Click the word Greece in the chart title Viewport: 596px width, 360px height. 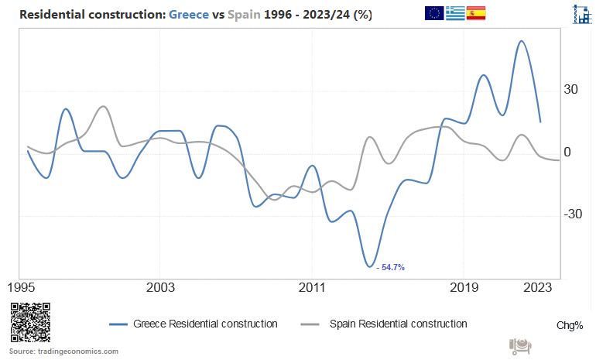(x=188, y=15)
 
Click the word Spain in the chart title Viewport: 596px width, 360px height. (x=244, y=15)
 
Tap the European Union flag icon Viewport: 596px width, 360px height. (x=434, y=13)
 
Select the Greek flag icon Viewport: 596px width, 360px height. (x=455, y=13)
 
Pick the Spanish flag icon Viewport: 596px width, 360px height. (x=476, y=13)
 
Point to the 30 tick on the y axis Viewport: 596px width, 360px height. (x=572, y=90)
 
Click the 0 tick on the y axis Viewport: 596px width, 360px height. (x=567, y=153)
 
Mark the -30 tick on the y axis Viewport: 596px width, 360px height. (x=574, y=214)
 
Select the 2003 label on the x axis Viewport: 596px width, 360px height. (x=159, y=288)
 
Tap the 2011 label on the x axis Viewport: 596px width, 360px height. (x=311, y=288)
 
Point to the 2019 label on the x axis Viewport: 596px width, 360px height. (x=463, y=288)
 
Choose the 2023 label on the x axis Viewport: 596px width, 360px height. (x=539, y=288)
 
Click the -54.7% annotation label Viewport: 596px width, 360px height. (x=391, y=267)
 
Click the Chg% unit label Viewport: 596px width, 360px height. (x=570, y=325)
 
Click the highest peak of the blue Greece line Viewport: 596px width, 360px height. (x=522, y=41)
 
